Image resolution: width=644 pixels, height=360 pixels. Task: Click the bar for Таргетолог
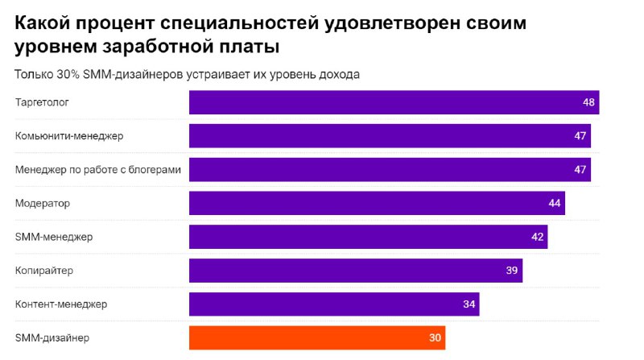pos(394,102)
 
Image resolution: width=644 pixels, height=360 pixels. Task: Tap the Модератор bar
pos(377,203)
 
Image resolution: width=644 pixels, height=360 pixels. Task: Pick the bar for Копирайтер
pos(355,271)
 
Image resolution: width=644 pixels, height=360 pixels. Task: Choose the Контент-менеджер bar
pos(334,304)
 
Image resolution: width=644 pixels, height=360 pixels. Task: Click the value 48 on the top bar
pos(588,102)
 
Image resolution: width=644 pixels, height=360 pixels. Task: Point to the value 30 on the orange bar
pos(435,337)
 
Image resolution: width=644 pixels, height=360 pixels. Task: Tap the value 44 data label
pos(554,203)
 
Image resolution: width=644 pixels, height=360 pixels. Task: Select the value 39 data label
pos(511,271)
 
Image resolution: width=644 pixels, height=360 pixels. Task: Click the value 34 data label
pos(469,304)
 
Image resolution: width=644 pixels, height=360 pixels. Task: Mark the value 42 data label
pos(537,237)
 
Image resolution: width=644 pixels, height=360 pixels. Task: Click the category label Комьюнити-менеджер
pos(69,136)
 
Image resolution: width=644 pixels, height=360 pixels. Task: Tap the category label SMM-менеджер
pos(54,237)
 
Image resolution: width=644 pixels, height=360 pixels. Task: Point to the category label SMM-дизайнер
pos(52,337)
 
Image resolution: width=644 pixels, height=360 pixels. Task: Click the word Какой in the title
pos(46,22)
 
